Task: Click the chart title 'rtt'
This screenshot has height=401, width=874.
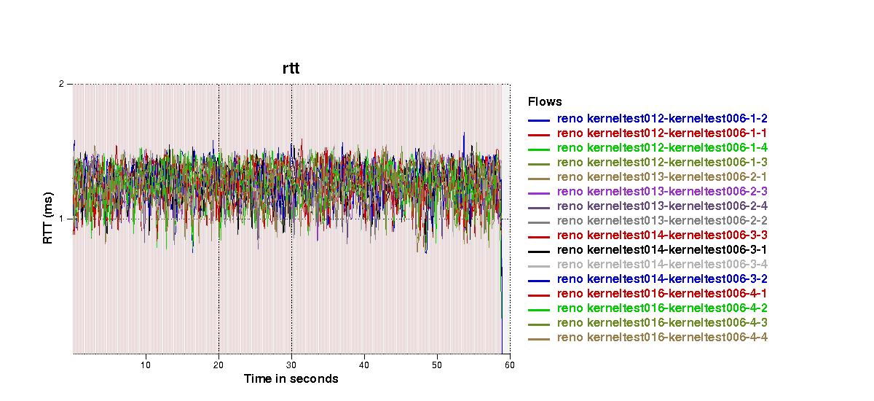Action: click(x=291, y=69)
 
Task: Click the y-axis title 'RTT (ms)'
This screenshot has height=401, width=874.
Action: click(x=48, y=219)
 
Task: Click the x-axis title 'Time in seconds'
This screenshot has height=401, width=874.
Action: click(x=291, y=378)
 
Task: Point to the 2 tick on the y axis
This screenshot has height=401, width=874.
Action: click(x=62, y=84)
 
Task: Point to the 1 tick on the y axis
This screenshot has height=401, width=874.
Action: click(x=62, y=219)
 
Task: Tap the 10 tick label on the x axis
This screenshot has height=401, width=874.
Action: click(x=146, y=365)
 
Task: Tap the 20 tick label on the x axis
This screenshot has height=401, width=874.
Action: click(x=219, y=365)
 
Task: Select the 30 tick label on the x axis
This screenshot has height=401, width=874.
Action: click(x=291, y=365)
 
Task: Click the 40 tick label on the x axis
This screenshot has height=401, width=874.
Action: click(x=364, y=365)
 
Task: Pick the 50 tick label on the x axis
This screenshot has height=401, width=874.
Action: click(x=437, y=365)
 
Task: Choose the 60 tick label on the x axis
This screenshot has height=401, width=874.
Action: click(x=509, y=365)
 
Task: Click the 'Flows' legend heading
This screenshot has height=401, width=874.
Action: click(x=545, y=102)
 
